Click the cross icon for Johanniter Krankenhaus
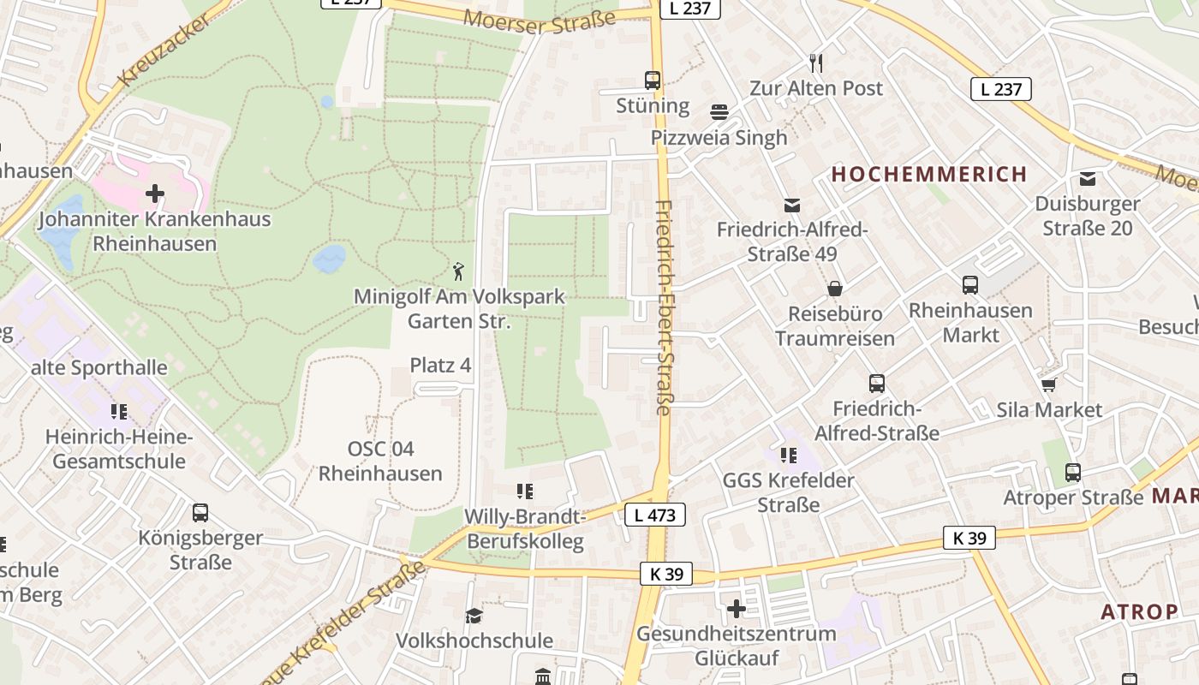pyautogui.click(x=155, y=194)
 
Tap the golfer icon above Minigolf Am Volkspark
pyautogui.click(x=459, y=272)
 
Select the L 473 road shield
pyautogui.click(x=655, y=515)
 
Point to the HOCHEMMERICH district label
pyautogui.click(x=929, y=175)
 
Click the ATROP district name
pyautogui.click(x=1139, y=612)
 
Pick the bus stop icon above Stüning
pyautogui.click(x=653, y=80)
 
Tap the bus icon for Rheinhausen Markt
pyautogui.click(x=970, y=285)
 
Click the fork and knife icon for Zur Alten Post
pyautogui.click(x=816, y=63)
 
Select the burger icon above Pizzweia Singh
pyautogui.click(x=719, y=112)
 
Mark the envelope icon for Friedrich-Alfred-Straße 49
pyautogui.click(x=791, y=205)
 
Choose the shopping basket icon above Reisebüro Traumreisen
pyautogui.click(x=834, y=289)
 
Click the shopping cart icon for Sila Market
pyautogui.click(x=1049, y=384)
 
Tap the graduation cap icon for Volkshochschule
pyautogui.click(x=474, y=616)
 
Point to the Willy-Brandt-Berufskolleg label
pyautogui.click(x=525, y=529)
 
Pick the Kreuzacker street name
pyautogui.click(x=165, y=49)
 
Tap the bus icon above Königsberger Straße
pyautogui.click(x=200, y=513)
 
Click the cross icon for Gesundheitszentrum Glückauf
pyautogui.click(x=736, y=609)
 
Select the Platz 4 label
pyautogui.click(x=440, y=366)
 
